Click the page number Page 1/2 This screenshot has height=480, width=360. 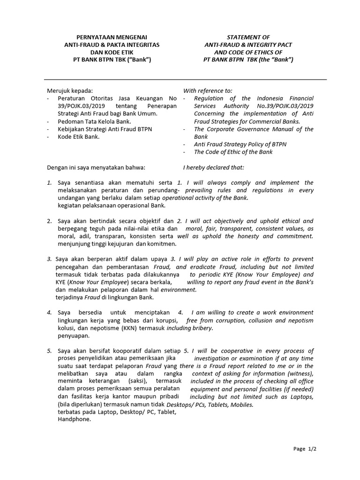[x=305, y=449]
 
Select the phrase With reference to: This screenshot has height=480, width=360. [x=207, y=90]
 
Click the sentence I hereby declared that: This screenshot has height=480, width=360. [x=213, y=167]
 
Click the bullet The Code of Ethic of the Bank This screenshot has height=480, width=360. [x=233, y=152]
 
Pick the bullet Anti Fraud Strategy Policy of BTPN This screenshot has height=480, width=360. [x=240, y=144]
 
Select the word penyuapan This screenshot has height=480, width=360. [x=74, y=336]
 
